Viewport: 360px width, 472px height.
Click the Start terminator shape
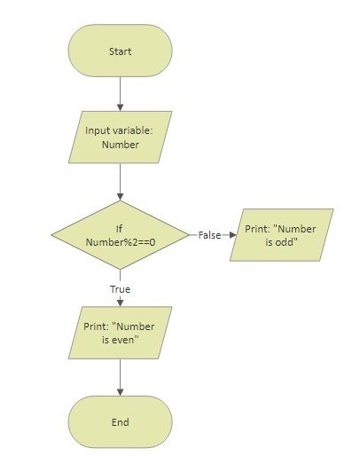coord(121,51)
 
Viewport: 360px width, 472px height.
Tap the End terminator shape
coord(121,421)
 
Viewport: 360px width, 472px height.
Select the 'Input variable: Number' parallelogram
coord(121,138)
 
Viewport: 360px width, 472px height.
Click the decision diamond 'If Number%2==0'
coord(121,235)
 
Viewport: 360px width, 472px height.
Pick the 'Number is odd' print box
coord(281,235)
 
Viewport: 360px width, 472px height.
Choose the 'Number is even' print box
coord(121,333)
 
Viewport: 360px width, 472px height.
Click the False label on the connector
coord(209,235)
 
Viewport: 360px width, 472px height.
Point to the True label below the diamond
coord(121,289)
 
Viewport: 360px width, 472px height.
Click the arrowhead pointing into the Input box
coord(121,107)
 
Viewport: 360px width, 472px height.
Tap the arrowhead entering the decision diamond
coord(121,197)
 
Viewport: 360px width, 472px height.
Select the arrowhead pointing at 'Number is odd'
coord(233,235)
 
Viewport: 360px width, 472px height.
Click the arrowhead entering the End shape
coord(121,392)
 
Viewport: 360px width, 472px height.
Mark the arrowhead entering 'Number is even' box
coord(121,303)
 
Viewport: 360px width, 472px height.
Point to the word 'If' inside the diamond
coord(119,229)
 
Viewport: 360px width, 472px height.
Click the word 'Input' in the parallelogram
coord(97,130)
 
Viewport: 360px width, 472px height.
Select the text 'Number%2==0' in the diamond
coord(121,242)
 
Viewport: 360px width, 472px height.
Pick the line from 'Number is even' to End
coord(121,377)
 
